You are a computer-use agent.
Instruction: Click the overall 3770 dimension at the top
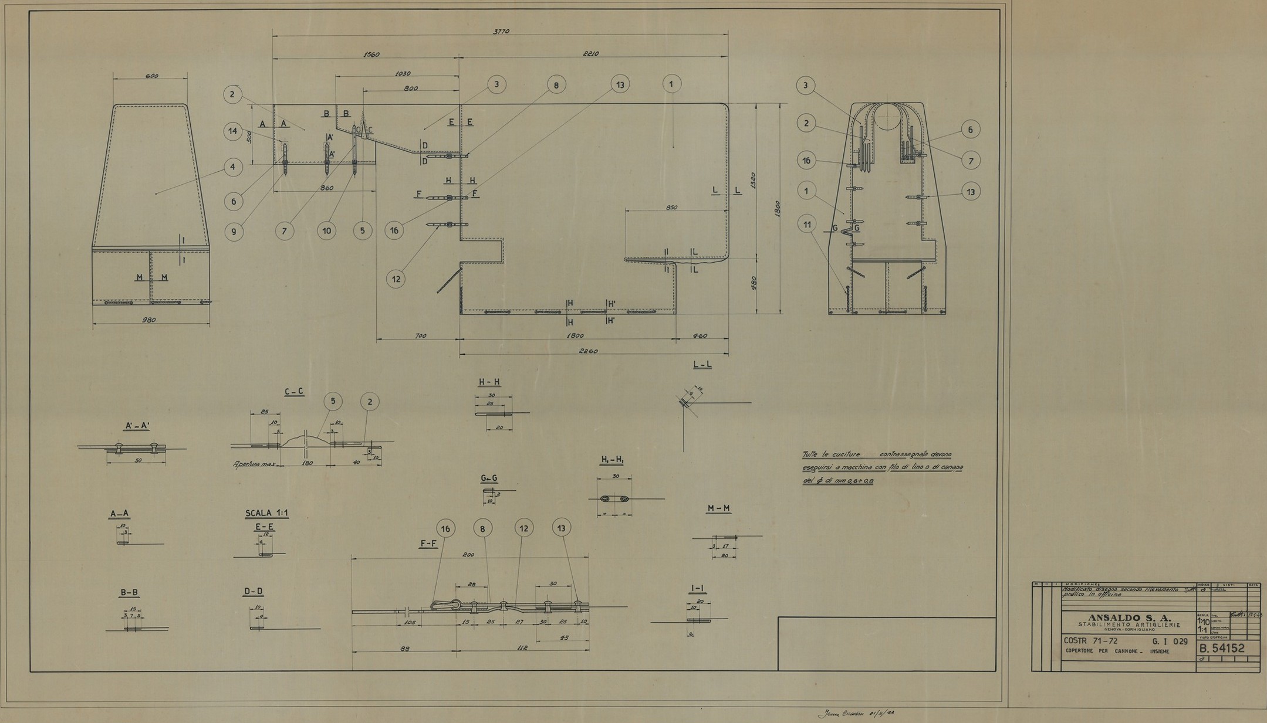click(x=501, y=32)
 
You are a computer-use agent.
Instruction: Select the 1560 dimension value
click(x=371, y=55)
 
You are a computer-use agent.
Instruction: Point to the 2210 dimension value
click(x=591, y=54)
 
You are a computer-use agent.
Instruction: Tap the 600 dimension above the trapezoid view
click(x=151, y=76)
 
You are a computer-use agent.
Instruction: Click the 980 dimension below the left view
click(x=151, y=320)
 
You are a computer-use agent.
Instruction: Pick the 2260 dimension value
click(x=587, y=351)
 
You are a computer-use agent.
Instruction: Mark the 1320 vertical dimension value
click(x=753, y=180)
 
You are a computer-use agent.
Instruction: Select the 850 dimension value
click(x=672, y=208)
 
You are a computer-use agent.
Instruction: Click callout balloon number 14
click(x=233, y=131)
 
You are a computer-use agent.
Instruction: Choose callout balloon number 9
click(x=234, y=231)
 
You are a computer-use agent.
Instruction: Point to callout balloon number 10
click(x=327, y=230)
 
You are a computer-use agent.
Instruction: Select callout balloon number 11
click(x=807, y=224)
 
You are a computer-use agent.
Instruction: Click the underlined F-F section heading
click(x=428, y=544)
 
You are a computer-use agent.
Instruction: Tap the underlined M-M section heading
click(x=719, y=508)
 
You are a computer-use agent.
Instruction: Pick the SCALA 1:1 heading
click(x=266, y=513)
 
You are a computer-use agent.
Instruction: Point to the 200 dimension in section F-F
click(x=468, y=555)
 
